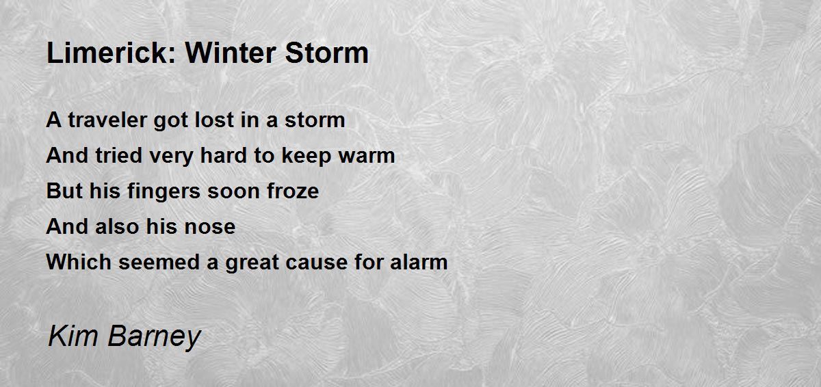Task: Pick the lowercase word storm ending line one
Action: click(314, 120)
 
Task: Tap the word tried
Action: click(113, 156)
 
